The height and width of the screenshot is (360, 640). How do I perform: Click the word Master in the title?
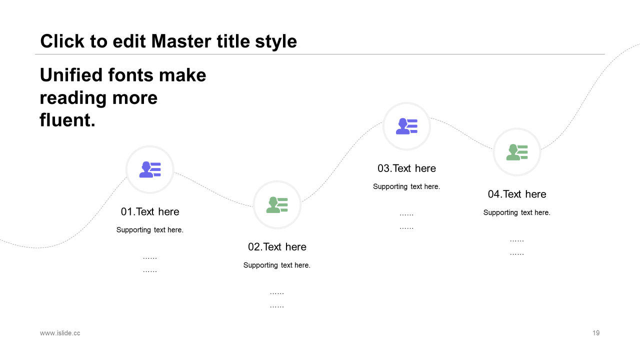(181, 41)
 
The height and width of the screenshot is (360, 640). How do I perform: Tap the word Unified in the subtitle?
(71, 75)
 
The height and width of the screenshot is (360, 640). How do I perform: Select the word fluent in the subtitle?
(67, 119)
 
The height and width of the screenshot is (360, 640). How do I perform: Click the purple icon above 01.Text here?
(150, 169)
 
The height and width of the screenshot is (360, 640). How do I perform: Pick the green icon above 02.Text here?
(277, 205)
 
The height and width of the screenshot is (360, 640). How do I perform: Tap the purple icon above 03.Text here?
(406, 126)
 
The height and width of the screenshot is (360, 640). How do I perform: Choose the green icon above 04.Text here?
(517, 152)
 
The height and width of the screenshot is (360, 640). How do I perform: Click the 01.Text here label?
(150, 211)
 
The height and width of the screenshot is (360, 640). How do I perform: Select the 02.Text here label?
(277, 247)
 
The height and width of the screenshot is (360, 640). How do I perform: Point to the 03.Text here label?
(406, 168)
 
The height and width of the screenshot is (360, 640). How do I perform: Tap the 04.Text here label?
(517, 194)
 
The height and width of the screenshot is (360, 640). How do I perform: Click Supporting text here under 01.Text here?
(149, 230)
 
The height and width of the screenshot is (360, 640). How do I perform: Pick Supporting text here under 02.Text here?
(277, 265)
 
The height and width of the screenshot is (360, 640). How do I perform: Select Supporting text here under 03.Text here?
(406, 186)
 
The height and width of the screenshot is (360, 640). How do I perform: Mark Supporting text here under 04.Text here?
(517, 212)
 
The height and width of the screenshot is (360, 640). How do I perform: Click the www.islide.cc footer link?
(60, 333)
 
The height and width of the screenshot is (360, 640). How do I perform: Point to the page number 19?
(596, 333)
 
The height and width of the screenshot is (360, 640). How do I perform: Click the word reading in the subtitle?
(73, 98)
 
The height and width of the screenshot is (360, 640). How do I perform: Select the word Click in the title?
(62, 41)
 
